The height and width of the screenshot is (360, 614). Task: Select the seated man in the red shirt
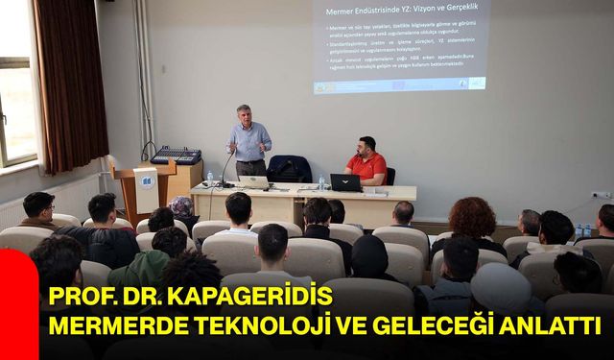(366, 163)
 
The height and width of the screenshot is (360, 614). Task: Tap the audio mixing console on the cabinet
(176, 155)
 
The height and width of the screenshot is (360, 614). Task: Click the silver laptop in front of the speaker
(254, 181)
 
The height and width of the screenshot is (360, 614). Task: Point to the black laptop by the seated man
(344, 182)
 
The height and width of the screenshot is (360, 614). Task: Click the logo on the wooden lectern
(146, 180)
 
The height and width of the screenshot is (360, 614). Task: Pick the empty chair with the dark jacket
(289, 170)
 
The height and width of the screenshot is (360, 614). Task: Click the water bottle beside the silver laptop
(210, 179)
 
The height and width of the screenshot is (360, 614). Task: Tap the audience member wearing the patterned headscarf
(181, 208)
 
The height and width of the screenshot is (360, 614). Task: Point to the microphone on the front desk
(226, 168)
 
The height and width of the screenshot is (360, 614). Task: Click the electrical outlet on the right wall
(600, 195)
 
